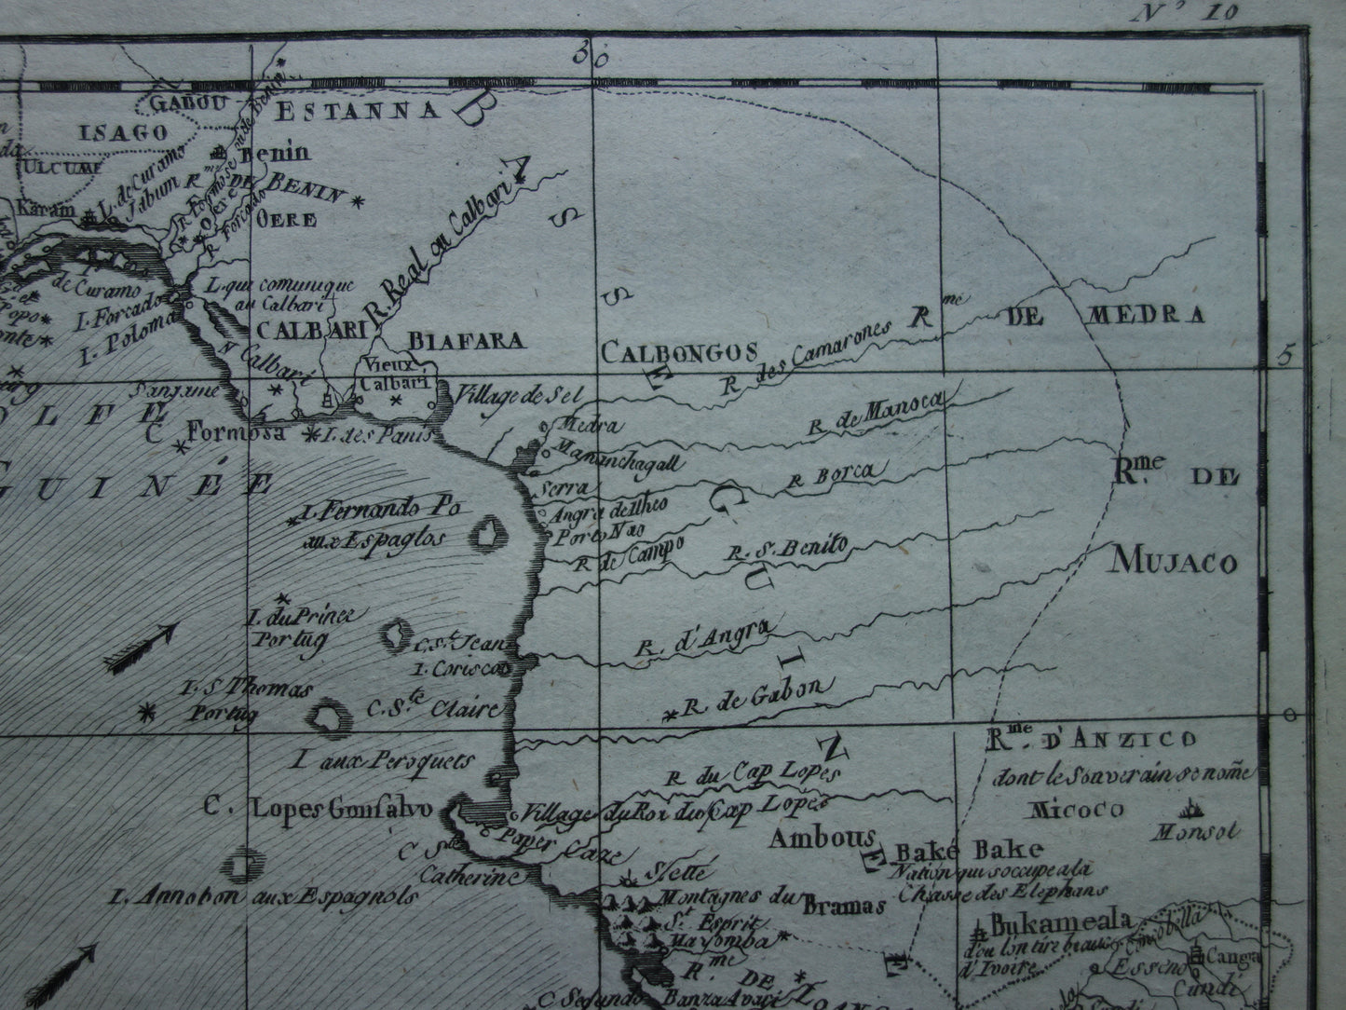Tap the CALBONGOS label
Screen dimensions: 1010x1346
pyautogui.click(x=677, y=352)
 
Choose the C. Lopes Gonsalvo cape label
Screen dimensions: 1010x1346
pyautogui.click(x=320, y=809)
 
